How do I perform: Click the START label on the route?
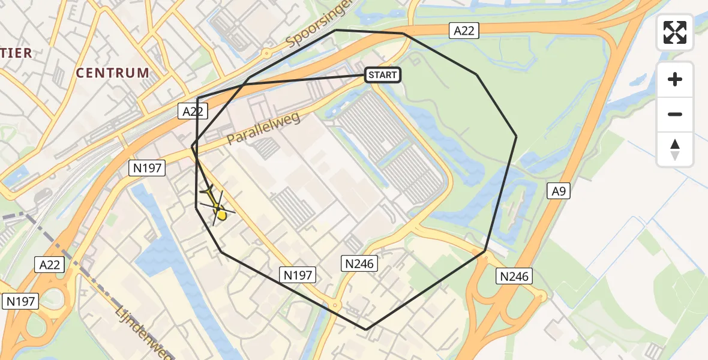(x=382, y=75)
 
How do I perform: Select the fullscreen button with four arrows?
(x=675, y=32)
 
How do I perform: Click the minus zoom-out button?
(x=675, y=114)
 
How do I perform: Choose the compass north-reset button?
(x=675, y=149)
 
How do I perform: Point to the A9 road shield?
(x=559, y=191)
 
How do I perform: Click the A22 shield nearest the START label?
(x=464, y=31)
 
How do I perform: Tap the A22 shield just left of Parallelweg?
(x=193, y=111)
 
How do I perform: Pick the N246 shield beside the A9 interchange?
(x=514, y=276)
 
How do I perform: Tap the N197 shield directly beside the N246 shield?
(x=298, y=275)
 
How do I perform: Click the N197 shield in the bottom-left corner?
(x=21, y=301)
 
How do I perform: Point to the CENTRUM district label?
(x=113, y=73)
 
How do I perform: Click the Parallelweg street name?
(x=263, y=128)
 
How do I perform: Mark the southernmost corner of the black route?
(x=367, y=329)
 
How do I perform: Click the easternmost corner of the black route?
(x=516, y=137)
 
